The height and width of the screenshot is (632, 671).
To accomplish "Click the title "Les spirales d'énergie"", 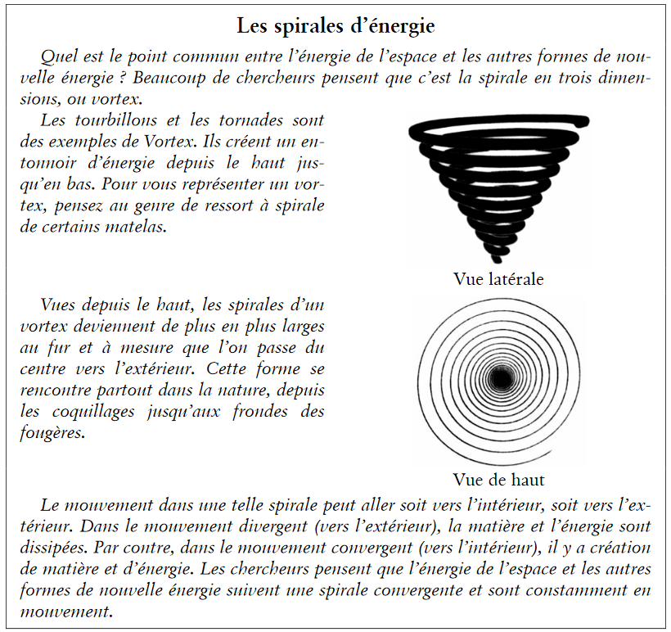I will pos(335,25).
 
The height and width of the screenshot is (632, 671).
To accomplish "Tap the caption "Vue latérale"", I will pos(498,278).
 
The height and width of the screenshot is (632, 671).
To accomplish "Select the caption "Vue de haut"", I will pos(498,479).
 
